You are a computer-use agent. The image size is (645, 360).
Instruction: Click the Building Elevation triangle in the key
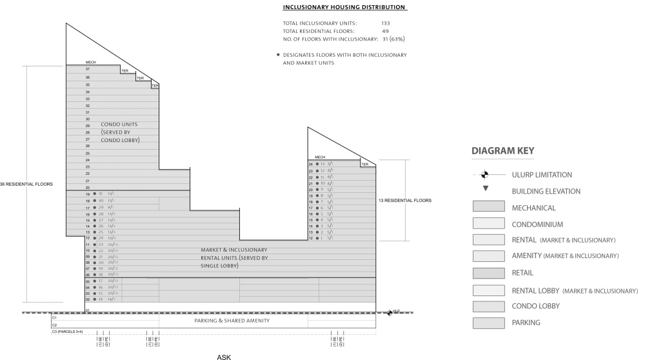point(486,190)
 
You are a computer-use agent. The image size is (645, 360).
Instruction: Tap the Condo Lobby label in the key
point(535,305)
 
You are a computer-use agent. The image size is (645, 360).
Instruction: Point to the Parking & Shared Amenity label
point(232,321)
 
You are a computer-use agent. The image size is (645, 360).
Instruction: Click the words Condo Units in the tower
point(119,124)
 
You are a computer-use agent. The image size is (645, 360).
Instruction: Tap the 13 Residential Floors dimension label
point(405,200)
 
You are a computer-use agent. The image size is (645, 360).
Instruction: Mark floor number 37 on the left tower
point(87,68)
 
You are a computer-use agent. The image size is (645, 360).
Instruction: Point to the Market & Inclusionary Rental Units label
point(233,250)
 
